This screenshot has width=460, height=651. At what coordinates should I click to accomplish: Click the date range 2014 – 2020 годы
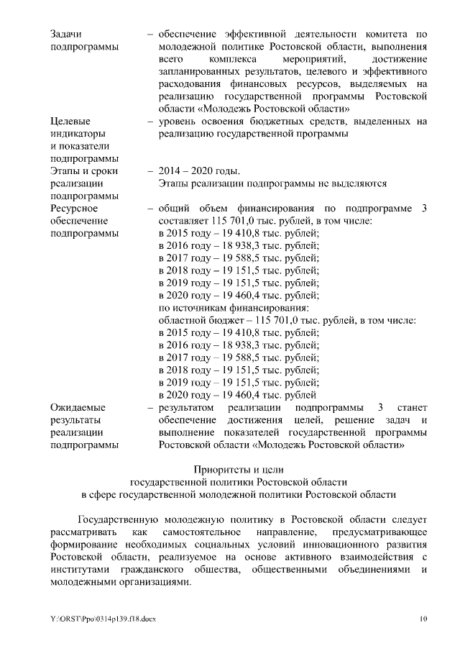tap(199, 171)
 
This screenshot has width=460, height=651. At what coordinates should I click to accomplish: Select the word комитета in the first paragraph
tap(390, 34)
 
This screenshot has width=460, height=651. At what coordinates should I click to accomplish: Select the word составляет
tap(182, 221)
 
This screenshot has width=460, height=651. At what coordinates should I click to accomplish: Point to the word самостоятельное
tap(211, 532)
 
